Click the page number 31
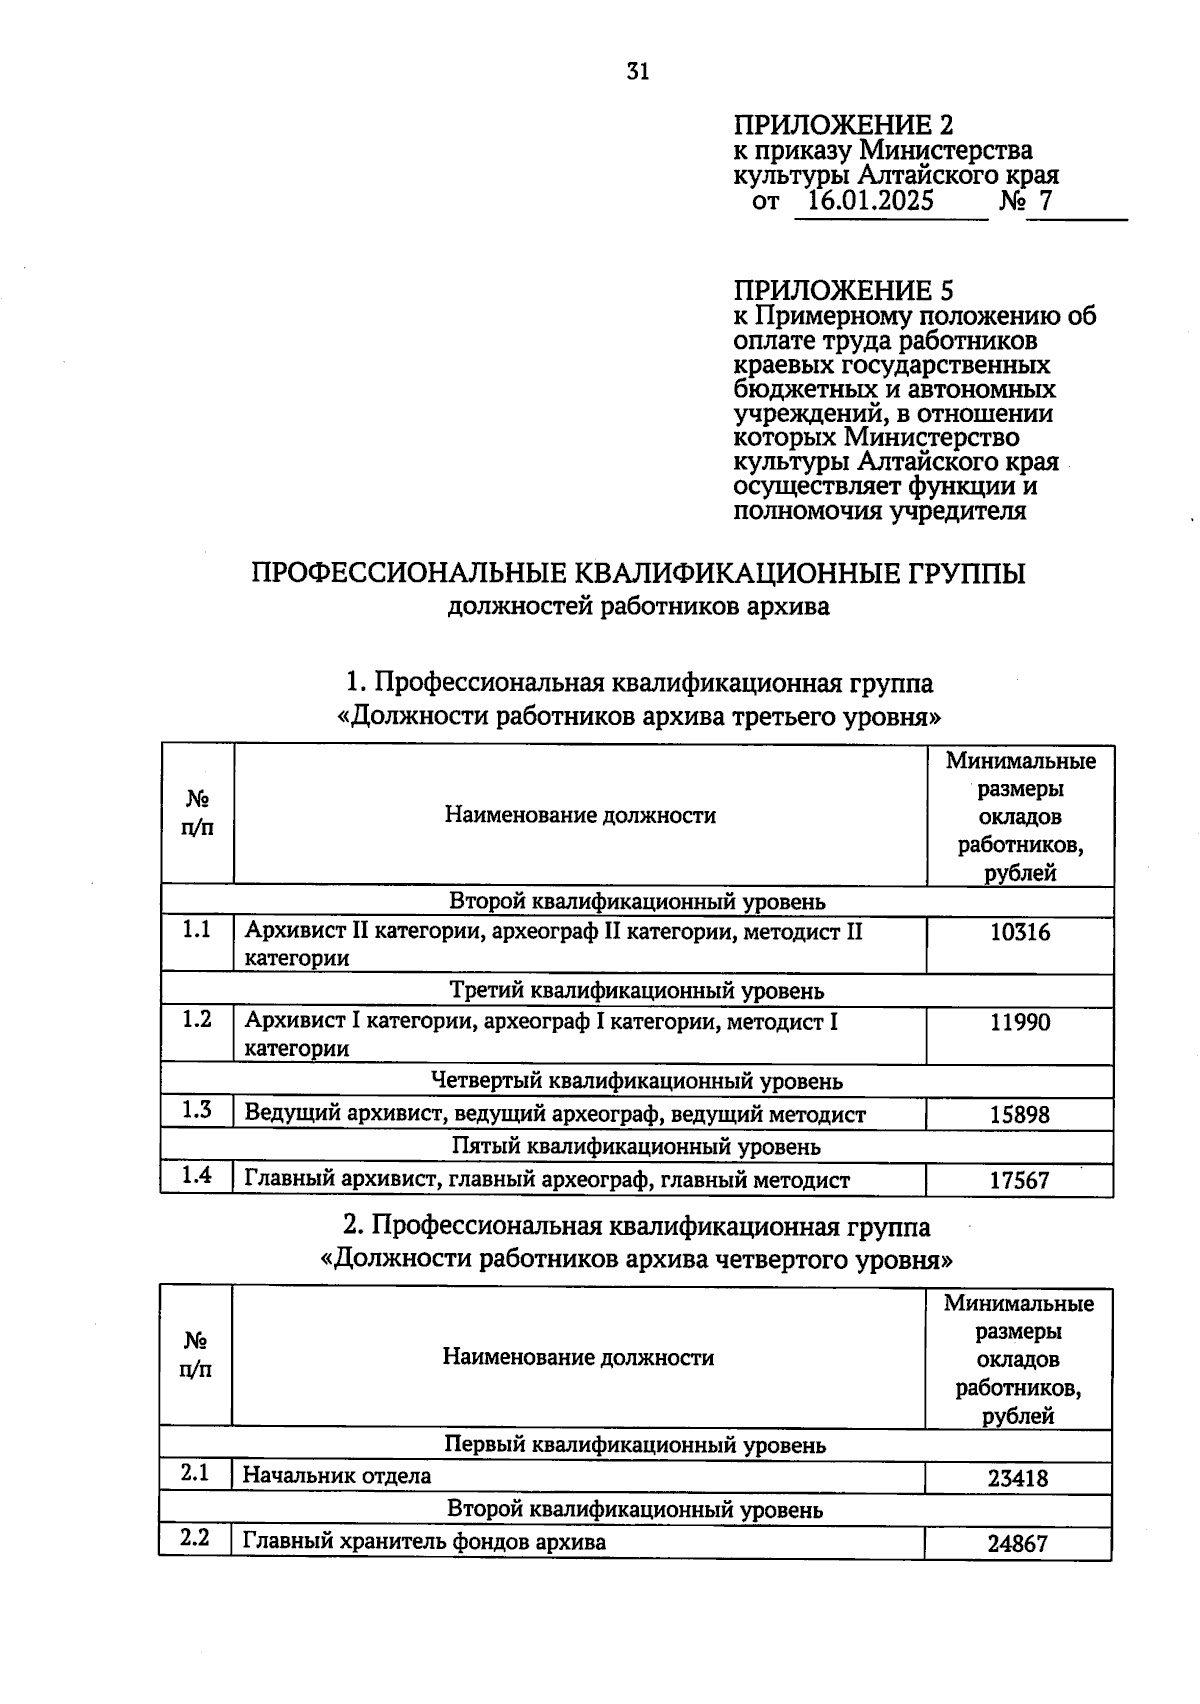[x=638, y=71]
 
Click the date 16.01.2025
[x=869, y=202]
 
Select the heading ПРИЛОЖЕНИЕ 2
[x=843, y=126]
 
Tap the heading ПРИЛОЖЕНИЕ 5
[x=843, y=291]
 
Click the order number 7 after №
[x=1045, y=202]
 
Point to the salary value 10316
[x=1019, y=933]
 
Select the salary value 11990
[x=1019, y=1023]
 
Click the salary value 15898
[x=1019, y=1114]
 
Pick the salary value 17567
[x=1019, y=1180]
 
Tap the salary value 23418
[x=1017, y=1478]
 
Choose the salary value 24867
[x=1017, y=1544]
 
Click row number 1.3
[x=197, y=1110]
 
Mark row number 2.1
[x=195, y=1473]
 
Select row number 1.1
[x=197, y=930]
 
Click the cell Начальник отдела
[x=337, y=1476]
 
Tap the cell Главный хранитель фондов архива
[x=424, y=1542]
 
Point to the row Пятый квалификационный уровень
[x=636, y=1147]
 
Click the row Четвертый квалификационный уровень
[x=636, y=1082]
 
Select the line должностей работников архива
[x=638, y=607]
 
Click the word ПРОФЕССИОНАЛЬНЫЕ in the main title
[x=408, y=575]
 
